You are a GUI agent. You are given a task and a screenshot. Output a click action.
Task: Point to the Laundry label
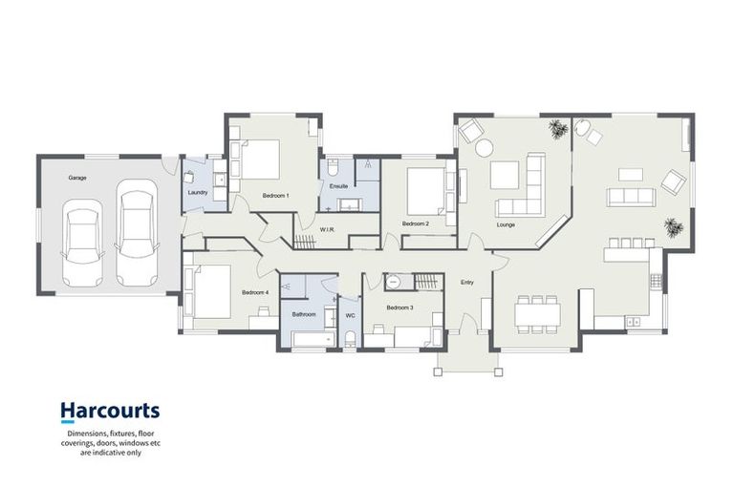point(198,192)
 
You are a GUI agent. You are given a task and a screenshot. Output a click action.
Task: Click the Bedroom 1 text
point(275,196)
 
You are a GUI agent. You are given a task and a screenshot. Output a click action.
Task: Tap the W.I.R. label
point(327,228)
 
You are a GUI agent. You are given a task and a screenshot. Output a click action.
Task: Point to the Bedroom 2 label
point(414,223)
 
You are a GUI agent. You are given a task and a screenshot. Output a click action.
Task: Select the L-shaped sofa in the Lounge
point(522,190)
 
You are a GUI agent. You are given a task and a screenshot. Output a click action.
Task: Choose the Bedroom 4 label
point(255,292)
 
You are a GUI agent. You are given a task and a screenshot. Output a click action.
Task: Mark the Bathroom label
point(304,314)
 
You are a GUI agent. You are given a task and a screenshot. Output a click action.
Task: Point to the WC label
point(350,314)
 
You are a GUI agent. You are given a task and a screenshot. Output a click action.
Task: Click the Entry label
point(467,283)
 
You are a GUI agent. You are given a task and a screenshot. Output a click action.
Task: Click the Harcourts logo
point(110,412)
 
